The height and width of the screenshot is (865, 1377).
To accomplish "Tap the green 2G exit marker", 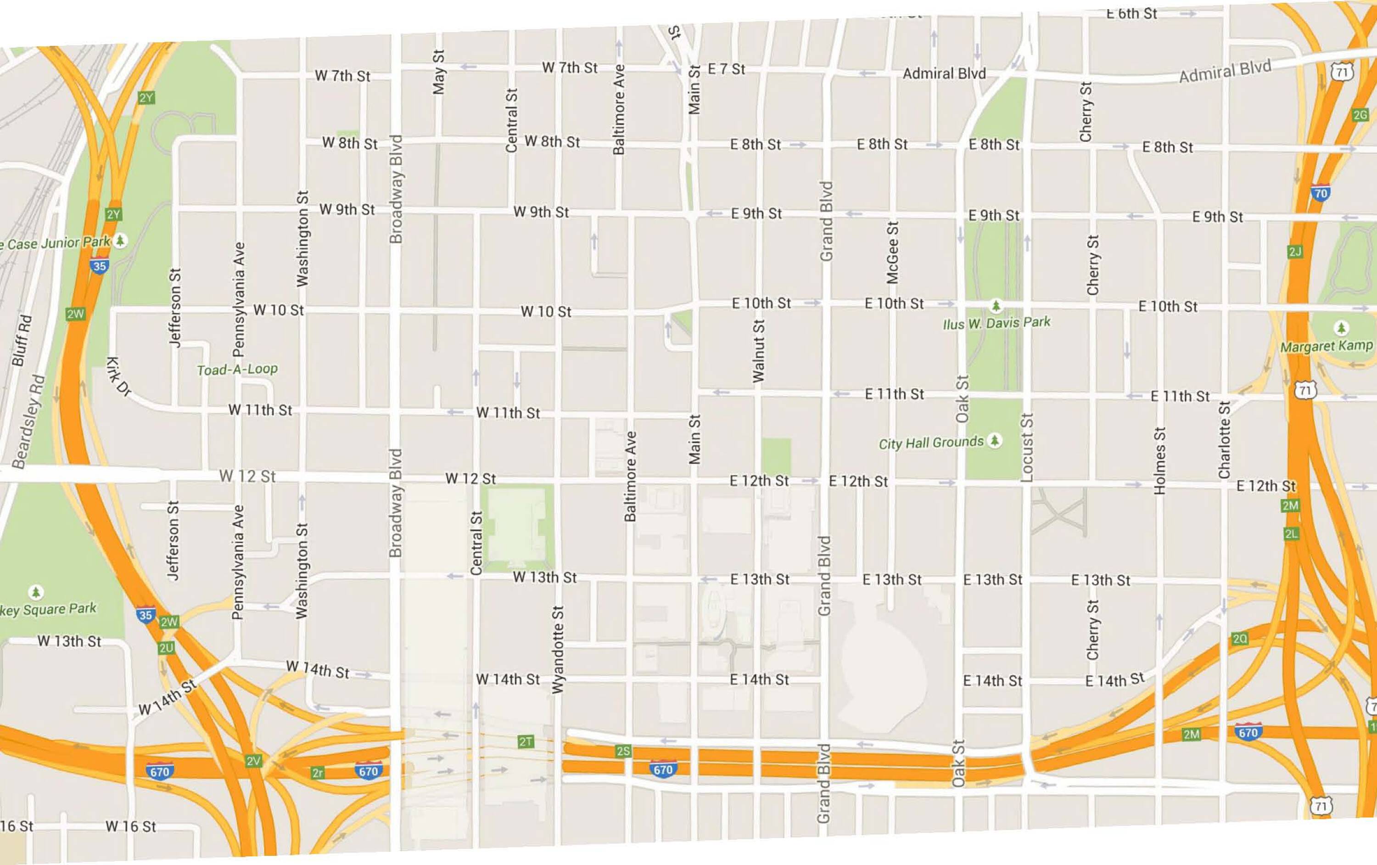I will click(x=1360, y=115).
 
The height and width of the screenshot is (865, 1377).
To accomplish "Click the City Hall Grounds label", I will click(x=931, y=443).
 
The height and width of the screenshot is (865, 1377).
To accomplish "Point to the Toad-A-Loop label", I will click(x=237, y=370).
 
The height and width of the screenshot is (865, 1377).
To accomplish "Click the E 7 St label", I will click(x=726, y=69).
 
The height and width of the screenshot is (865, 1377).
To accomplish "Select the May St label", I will click(x=439, y=72).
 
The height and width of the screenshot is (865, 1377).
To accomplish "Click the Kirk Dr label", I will click(x=118, y=376).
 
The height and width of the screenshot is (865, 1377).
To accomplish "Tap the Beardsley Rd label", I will click(x=28, y=421).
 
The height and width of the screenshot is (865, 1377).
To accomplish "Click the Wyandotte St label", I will click(x=558, y=649).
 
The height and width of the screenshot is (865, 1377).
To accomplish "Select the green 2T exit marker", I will click(x=526, y=742).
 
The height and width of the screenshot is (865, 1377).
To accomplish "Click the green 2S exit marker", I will click(x=623, y=751).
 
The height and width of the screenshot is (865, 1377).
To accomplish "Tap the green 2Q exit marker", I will click(x=1240, y=639).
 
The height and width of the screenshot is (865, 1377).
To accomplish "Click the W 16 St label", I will click(x=130, y=826).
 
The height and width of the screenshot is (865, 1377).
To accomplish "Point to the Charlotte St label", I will click(x=1224, y=440).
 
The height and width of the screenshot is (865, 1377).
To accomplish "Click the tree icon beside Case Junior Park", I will click(x=120, y=240).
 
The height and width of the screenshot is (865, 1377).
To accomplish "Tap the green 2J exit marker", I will click(x=1295, y=252).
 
